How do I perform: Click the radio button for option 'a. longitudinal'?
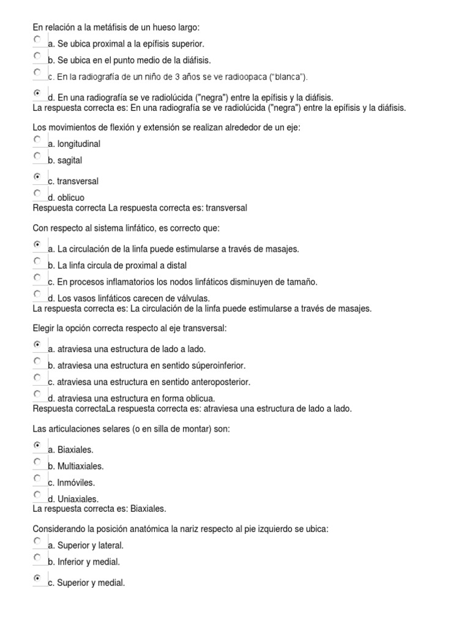38,140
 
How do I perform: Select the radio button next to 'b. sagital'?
38,156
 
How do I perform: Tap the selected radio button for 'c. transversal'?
38,177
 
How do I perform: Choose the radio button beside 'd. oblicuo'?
38,193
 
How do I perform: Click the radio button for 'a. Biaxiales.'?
38,445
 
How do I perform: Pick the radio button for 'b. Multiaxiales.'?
38,462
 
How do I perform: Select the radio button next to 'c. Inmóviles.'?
38,478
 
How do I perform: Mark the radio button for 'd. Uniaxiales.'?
38,495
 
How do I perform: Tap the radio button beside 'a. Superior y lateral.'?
38,541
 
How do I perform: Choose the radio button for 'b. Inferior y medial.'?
38,558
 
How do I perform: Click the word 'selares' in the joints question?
111,429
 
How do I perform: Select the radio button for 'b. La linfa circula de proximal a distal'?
38,261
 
